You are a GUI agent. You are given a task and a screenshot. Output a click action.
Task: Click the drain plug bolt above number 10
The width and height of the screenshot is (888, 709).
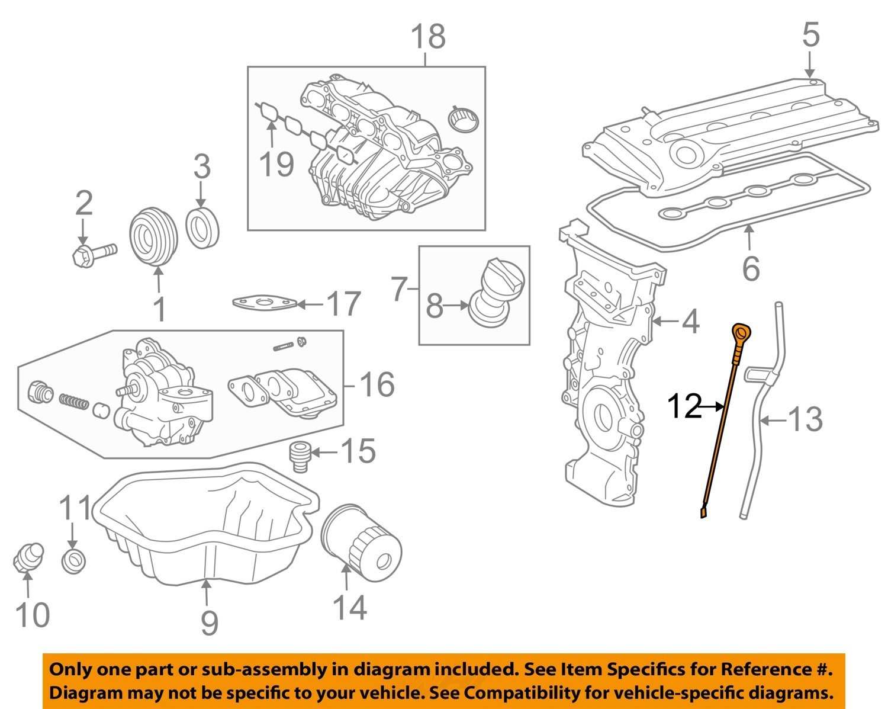click(27, 557)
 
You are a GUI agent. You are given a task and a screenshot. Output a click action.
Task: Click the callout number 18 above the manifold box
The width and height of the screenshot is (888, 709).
click(428, 37)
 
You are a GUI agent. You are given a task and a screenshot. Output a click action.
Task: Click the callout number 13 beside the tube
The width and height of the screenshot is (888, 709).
click(806, 419)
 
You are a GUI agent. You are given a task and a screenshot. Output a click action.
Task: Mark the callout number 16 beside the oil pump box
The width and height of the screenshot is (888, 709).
click(377, 385)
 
